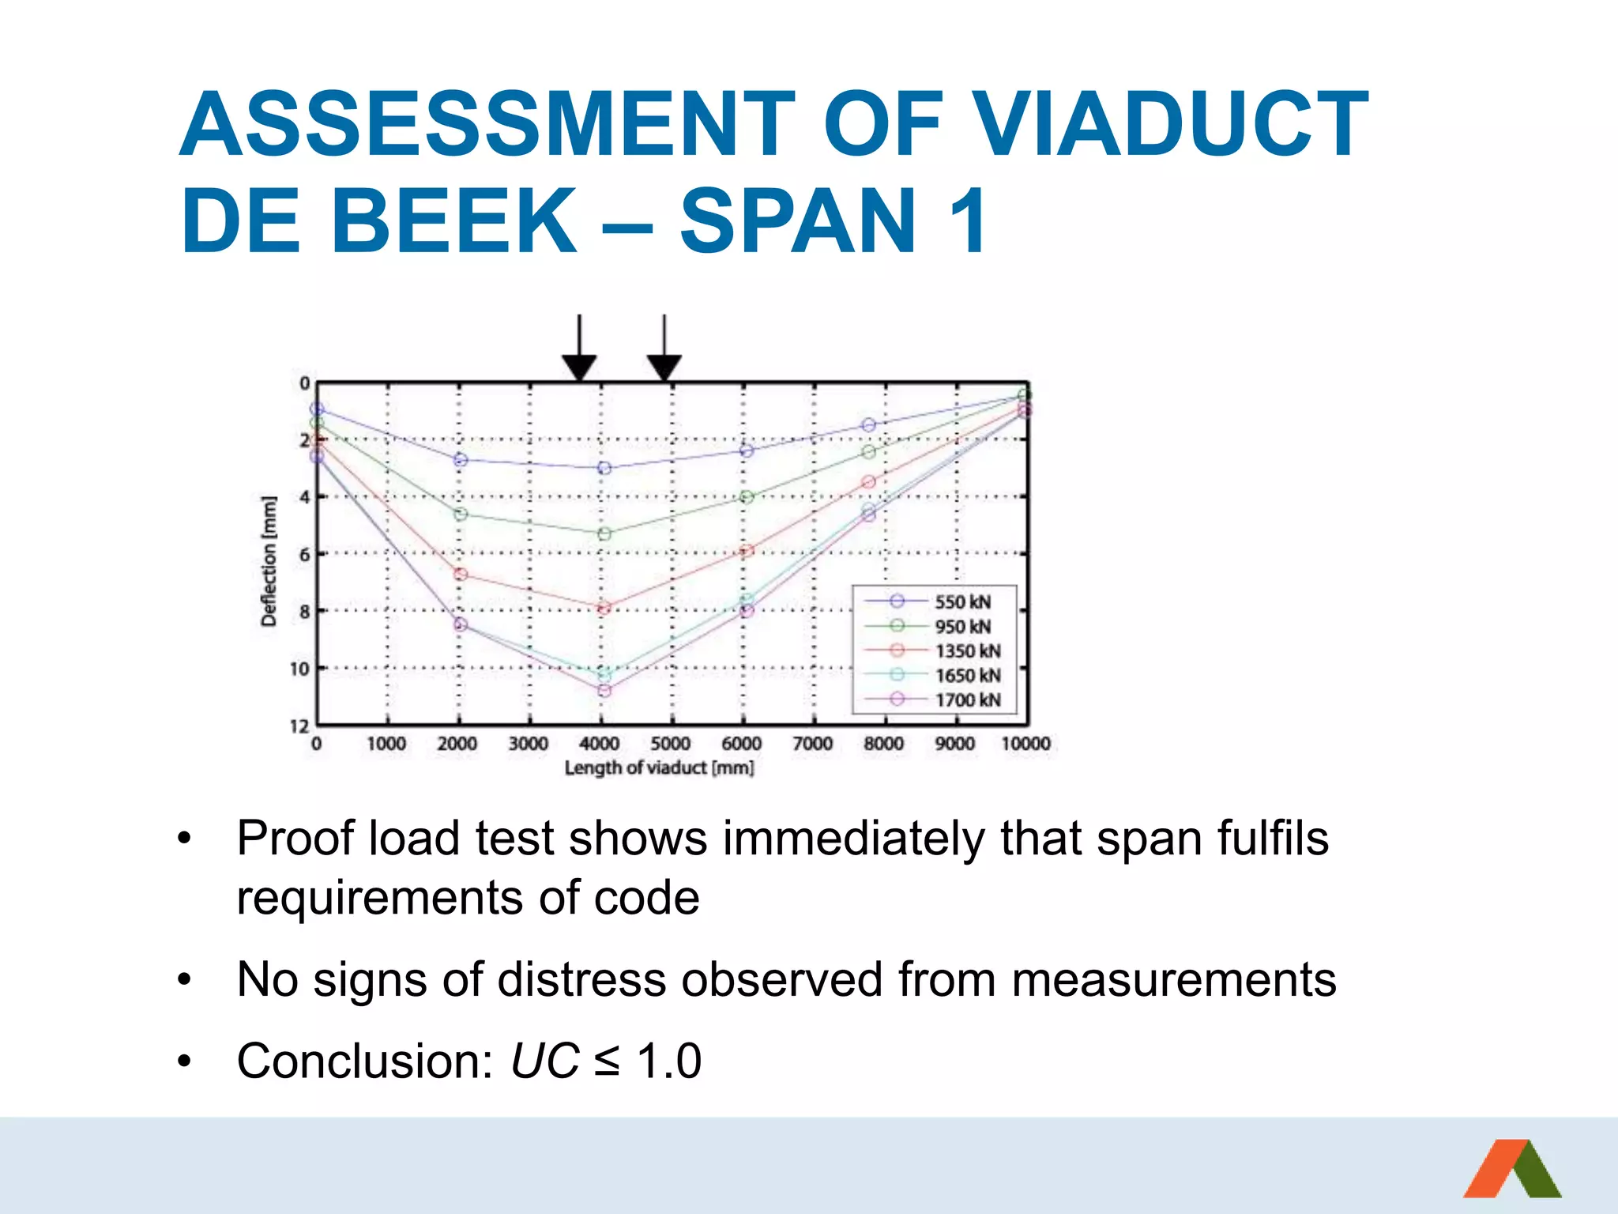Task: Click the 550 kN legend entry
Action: point(962,601)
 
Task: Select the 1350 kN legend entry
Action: point(967,650)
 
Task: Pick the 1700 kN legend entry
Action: point(967,699)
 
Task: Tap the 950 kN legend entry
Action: point(962,626)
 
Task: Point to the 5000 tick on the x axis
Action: point(670,744)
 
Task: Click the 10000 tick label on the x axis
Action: point(1025,744)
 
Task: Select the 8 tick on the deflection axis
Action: point(304,611)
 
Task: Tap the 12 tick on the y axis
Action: point(299,726)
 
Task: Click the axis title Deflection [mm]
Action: point(269,561)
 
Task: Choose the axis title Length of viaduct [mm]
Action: point(659,767)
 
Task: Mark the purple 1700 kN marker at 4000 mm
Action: point(604,691)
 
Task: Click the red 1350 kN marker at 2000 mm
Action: point(461,575)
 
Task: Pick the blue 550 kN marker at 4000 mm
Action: point(604,468)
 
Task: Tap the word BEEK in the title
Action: point(454,222)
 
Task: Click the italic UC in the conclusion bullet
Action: point(544,1061)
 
